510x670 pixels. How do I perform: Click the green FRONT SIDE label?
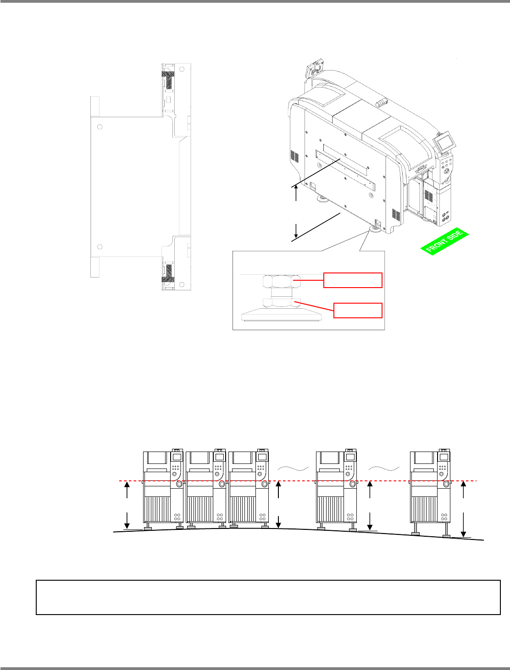444,241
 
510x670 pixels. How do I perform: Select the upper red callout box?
353,280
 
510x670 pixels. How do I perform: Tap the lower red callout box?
358,310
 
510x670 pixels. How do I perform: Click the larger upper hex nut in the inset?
282,281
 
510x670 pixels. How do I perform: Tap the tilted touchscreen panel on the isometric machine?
443,141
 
